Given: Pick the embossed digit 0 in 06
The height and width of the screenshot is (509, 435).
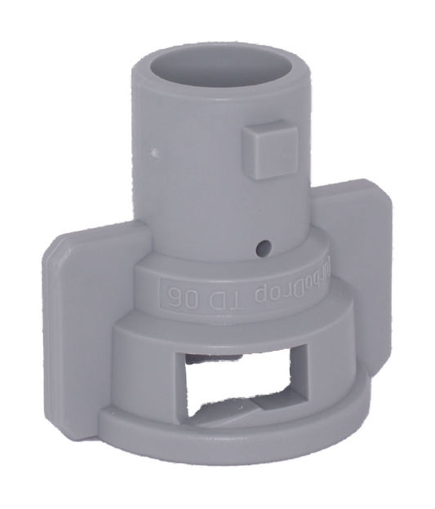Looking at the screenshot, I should pos(184,291).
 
